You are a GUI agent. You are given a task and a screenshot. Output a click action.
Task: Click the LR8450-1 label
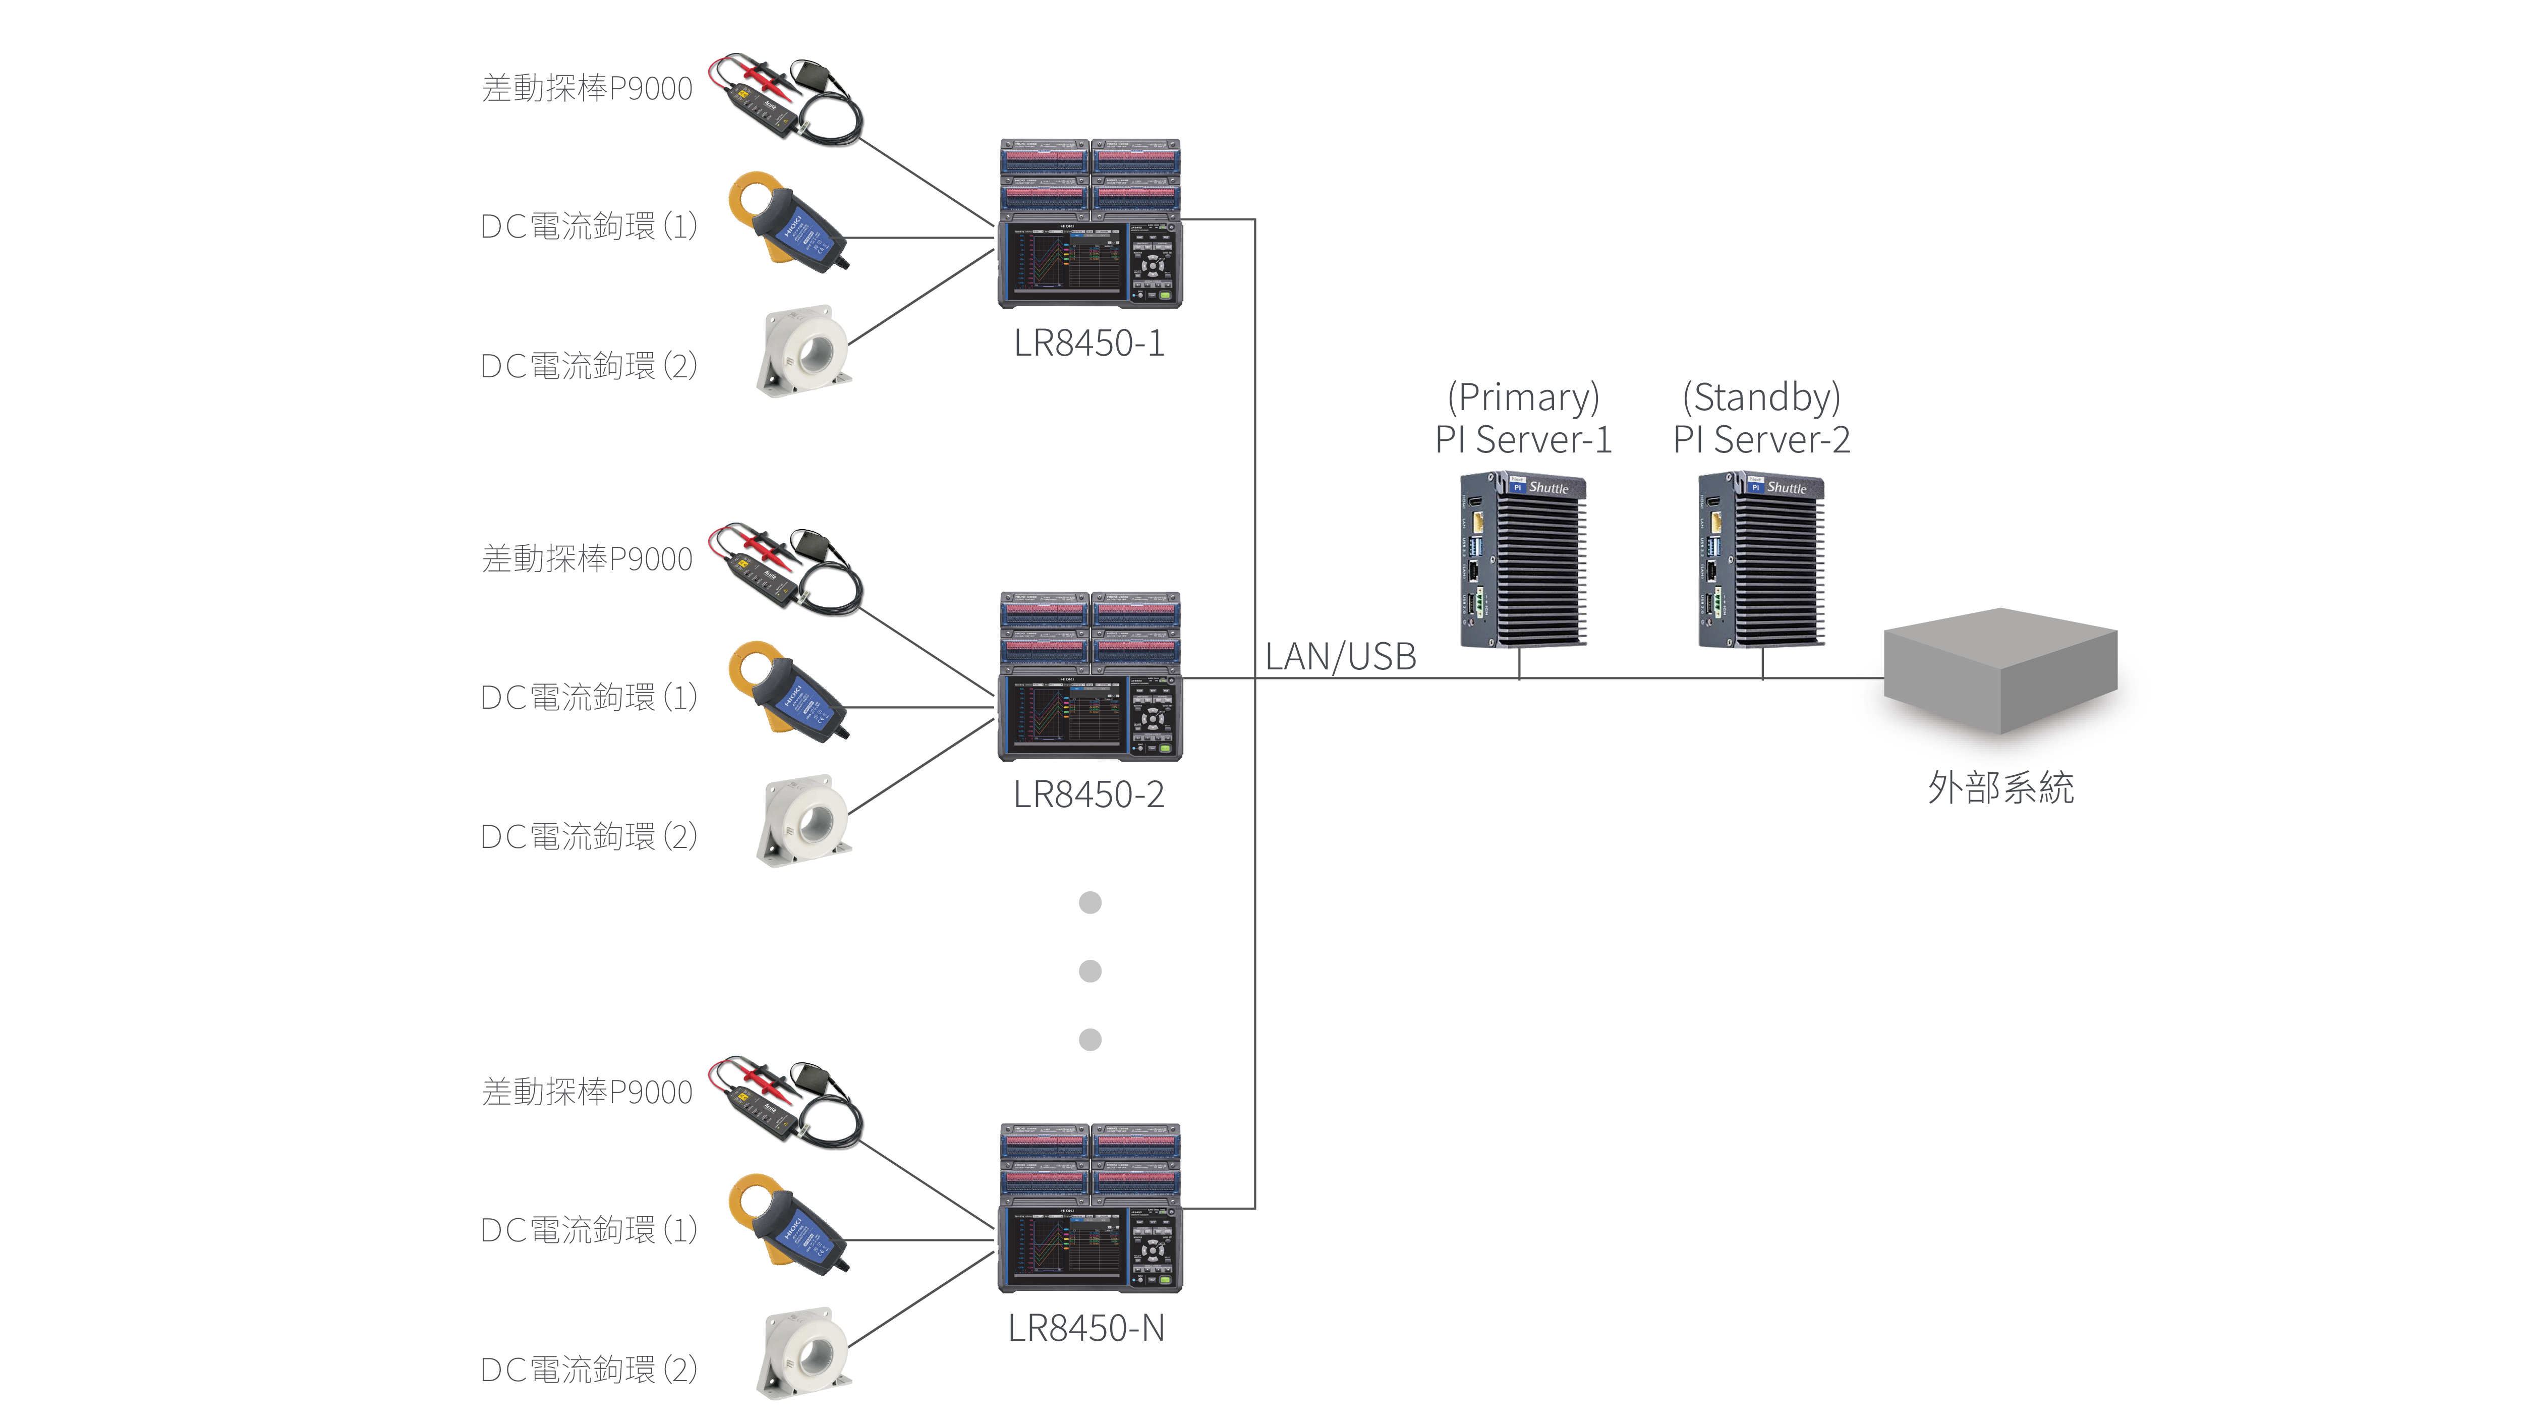click(x=1088, y=344)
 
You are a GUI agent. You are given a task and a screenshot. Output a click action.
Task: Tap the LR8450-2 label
click(x=1088, y=794)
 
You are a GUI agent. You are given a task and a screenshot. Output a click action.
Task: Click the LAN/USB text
click(x=1340, y=656)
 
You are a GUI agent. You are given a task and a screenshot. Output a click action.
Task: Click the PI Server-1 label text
click(x=1523, y=440)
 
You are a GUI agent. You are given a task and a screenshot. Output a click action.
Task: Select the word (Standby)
click(x=1761, y=397)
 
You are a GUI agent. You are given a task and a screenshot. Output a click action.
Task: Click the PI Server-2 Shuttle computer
click(x=1760, y=560)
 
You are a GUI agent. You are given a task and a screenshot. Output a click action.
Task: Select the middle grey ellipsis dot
click(x=1090, y=971)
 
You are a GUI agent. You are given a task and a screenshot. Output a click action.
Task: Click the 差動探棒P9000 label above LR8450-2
click(x=588, y=559)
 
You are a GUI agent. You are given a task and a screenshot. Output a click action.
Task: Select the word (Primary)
click(x=1523, y=397)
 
